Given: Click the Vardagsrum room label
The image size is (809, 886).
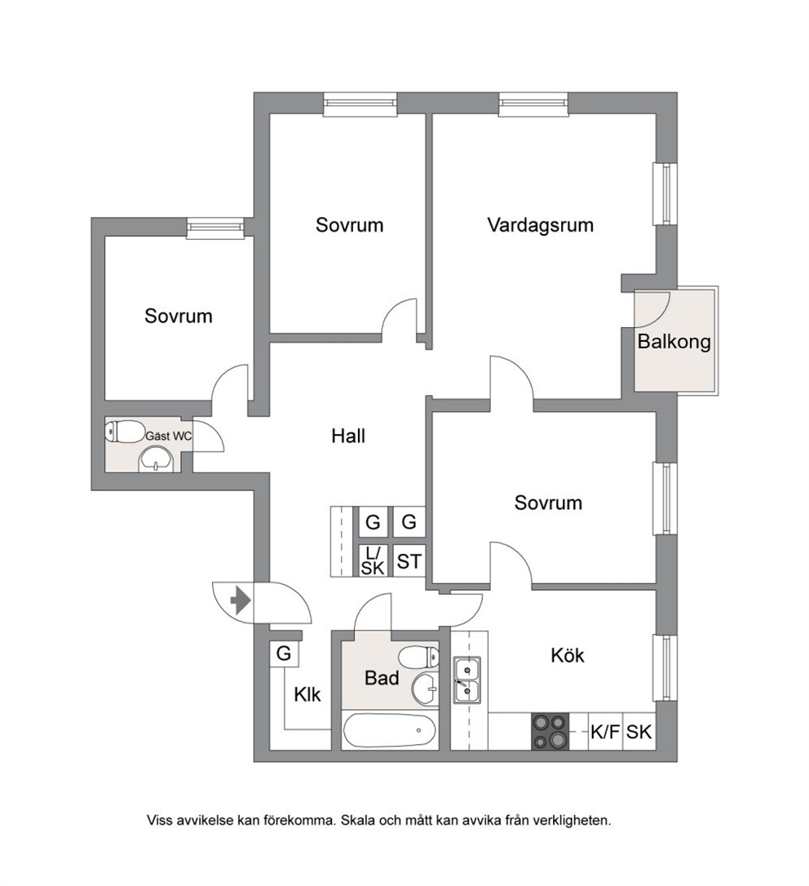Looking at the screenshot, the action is tap(540, 225).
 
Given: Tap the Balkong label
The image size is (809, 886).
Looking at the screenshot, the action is tap(674, 342).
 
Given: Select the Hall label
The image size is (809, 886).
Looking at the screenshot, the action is tap(348, 436).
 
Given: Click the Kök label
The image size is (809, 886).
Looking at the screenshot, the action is tap(568, 655).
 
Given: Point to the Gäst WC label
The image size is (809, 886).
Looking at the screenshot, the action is tap(168, 436).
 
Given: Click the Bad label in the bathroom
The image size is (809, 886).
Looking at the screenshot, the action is tap(382, 678).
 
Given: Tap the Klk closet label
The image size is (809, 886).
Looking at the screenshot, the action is tap(307, 694).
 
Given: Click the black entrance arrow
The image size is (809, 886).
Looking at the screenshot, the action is tap(241, 601).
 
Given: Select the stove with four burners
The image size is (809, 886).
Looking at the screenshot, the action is tap(550, 732).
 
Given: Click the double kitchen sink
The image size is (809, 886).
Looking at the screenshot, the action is tap(466, 680).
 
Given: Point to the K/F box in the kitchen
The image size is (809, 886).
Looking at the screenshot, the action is tap(605, 732).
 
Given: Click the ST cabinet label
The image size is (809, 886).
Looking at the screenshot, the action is tap(409, 561).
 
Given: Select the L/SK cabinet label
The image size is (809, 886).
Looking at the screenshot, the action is tap(373, 561).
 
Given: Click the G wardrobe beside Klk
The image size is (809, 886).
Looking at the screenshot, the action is tap(284, 653).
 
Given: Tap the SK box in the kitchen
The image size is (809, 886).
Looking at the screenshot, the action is tap(639, 732).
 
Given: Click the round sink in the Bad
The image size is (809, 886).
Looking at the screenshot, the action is tap(425, 689).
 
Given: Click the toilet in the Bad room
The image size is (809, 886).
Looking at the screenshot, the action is tap(418, 657).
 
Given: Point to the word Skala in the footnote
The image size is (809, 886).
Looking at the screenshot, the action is tap(357, 820).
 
